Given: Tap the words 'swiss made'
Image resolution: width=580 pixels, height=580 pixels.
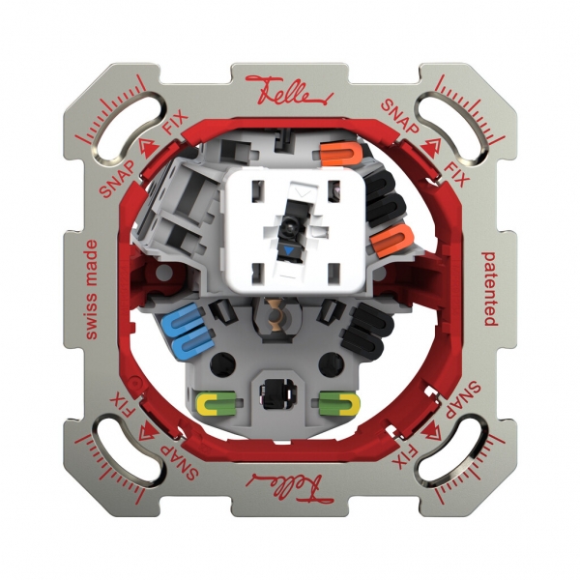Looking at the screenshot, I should [92, 289].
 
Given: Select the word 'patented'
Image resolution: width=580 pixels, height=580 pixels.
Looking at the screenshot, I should [489, 287].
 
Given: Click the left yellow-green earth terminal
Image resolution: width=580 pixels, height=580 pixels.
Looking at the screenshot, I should [217, 401].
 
